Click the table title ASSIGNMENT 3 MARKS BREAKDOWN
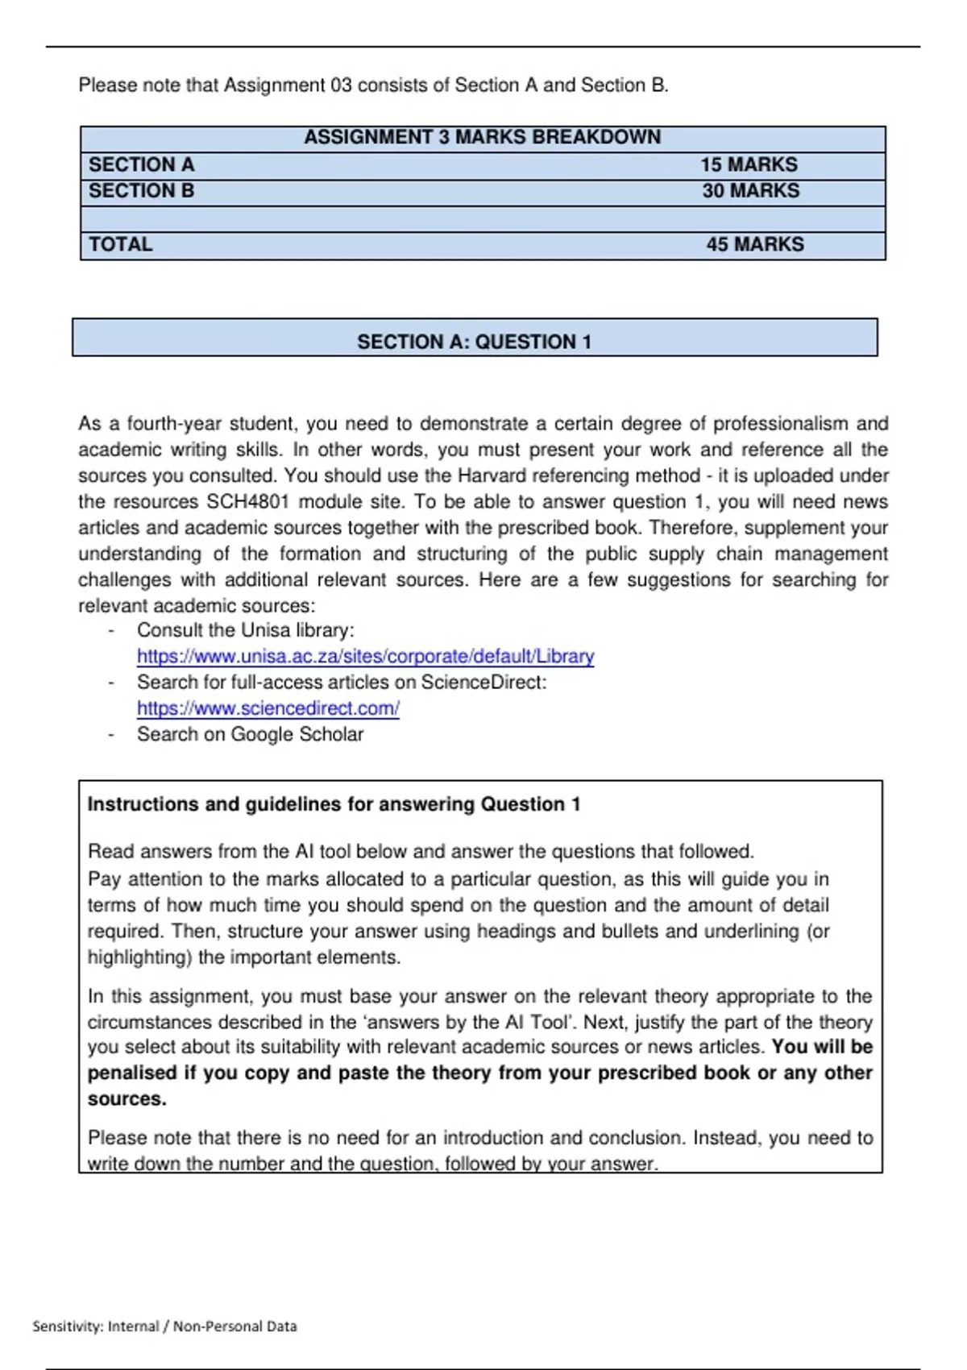(x=482, y=137)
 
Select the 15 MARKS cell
(x=749, y=164)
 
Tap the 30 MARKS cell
(x=750, y=191)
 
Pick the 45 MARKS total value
(x=755, y=244)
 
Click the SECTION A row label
(x=142, y=164)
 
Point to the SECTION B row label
(x=142, y=191)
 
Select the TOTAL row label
(x=120, y=244)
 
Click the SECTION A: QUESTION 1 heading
(x=474, y=342)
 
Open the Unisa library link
(x=365, y=656)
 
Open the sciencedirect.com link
(x=268, y=708)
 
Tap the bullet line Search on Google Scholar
(x=250, y=734)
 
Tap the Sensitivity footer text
(x=164, y=1326)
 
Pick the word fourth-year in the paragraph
(x=173, y=424)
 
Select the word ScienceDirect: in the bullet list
(x=483, y=683)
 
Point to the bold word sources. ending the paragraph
(x=127, y=1098)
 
